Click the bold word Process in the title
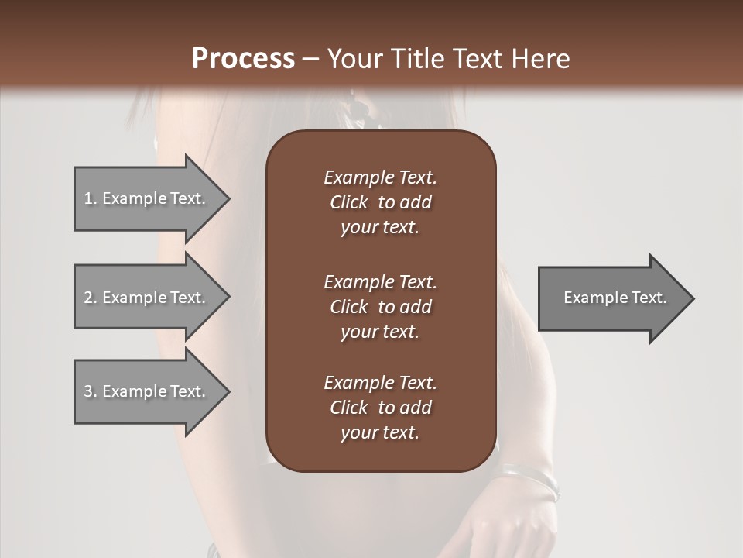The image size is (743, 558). click(x=243, y=59)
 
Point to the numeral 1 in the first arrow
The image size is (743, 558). click(x=87, y=198)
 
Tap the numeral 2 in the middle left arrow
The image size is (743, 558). click(x=88, y=298)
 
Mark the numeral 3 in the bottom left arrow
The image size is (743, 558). click(x=88, y=391)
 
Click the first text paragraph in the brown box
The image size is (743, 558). click(x=380, y=202)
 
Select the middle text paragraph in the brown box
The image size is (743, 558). click(x=380, y=307)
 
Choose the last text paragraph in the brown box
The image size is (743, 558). click(x=380, y=408)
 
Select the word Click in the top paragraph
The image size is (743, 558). click(x=349, y=202)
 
